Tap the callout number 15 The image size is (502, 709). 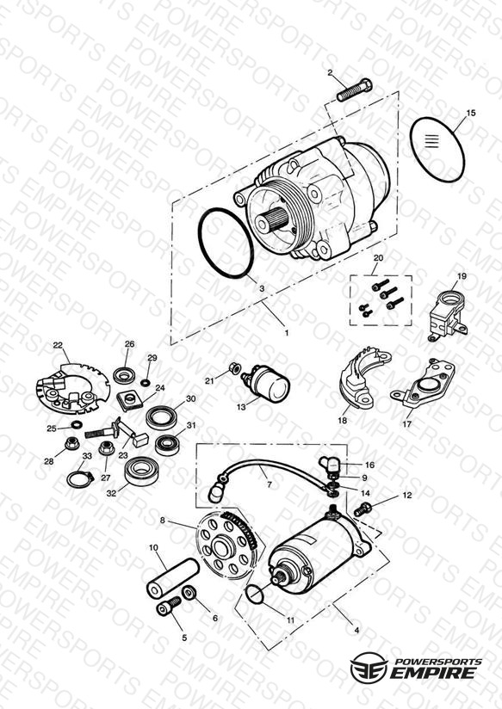(471, 113)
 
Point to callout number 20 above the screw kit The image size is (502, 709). (378, 258)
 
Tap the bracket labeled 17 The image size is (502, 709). (424, 384)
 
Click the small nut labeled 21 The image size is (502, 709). (234, 367)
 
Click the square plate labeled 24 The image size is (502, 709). (130, 400)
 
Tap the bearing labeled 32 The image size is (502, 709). (141, 471)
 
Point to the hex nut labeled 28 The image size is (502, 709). (72, 443)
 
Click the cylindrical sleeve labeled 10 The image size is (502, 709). (172, 577)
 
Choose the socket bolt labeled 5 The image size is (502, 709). (169, 607)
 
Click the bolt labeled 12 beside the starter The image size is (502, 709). (363, 509)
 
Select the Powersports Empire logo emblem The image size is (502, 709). (369, 667)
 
